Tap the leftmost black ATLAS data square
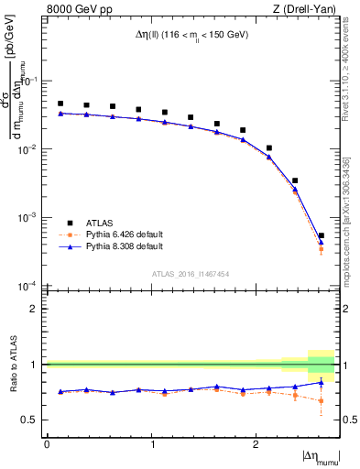(60, 104)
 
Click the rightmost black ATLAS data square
(321, 235)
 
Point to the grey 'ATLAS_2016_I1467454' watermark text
(191, 273)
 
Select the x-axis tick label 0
(47, 444)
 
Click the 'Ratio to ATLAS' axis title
(11, 364)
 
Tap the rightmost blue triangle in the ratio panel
(321, 382)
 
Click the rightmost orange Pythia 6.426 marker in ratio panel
(321, 400)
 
